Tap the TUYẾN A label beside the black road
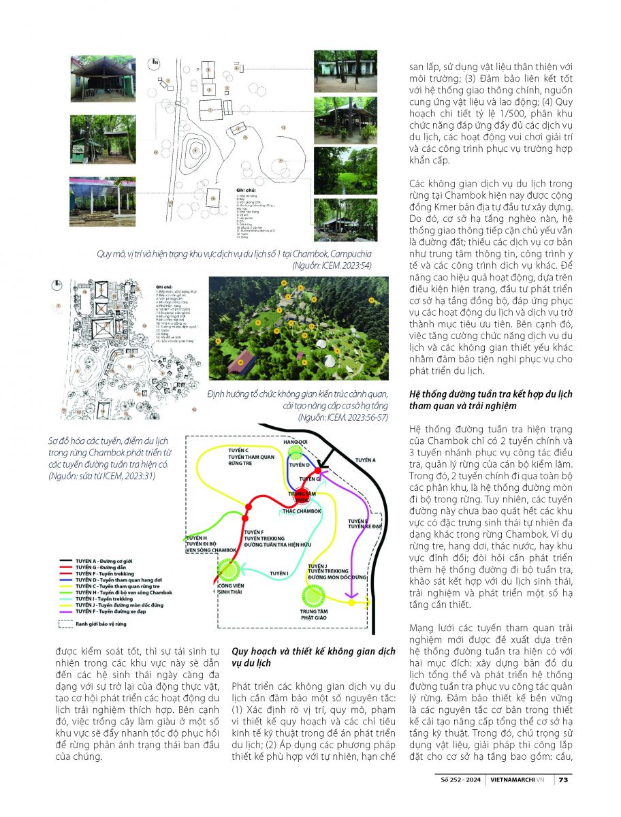click(365, 460)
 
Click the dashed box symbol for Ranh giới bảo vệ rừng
click(66, 623)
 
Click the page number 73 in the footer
click(564, 780)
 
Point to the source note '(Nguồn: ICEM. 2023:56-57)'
click(343, 417)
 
